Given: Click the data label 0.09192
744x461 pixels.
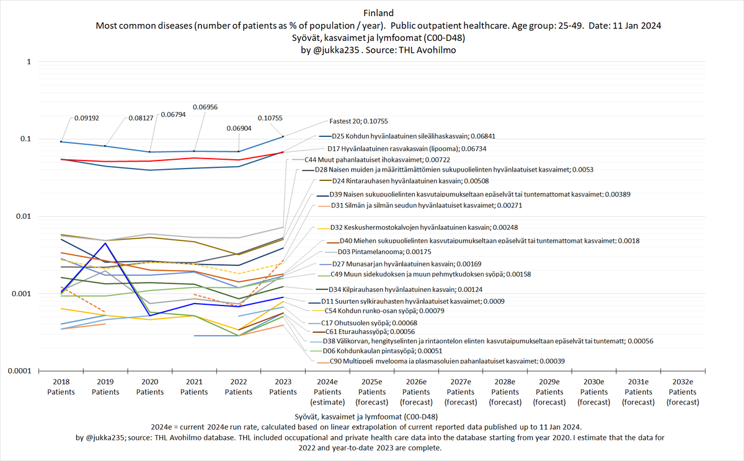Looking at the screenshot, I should [86, 117].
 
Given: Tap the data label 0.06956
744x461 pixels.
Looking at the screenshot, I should [205, 107].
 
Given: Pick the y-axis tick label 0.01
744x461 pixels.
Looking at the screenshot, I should [22, 216].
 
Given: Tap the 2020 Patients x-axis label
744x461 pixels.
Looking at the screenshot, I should [150, 387].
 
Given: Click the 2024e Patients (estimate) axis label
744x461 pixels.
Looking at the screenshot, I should [327, 392].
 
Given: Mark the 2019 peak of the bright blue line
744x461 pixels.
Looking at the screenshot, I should [106, 243].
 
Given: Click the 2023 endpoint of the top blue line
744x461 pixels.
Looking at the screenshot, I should [283, 136].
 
